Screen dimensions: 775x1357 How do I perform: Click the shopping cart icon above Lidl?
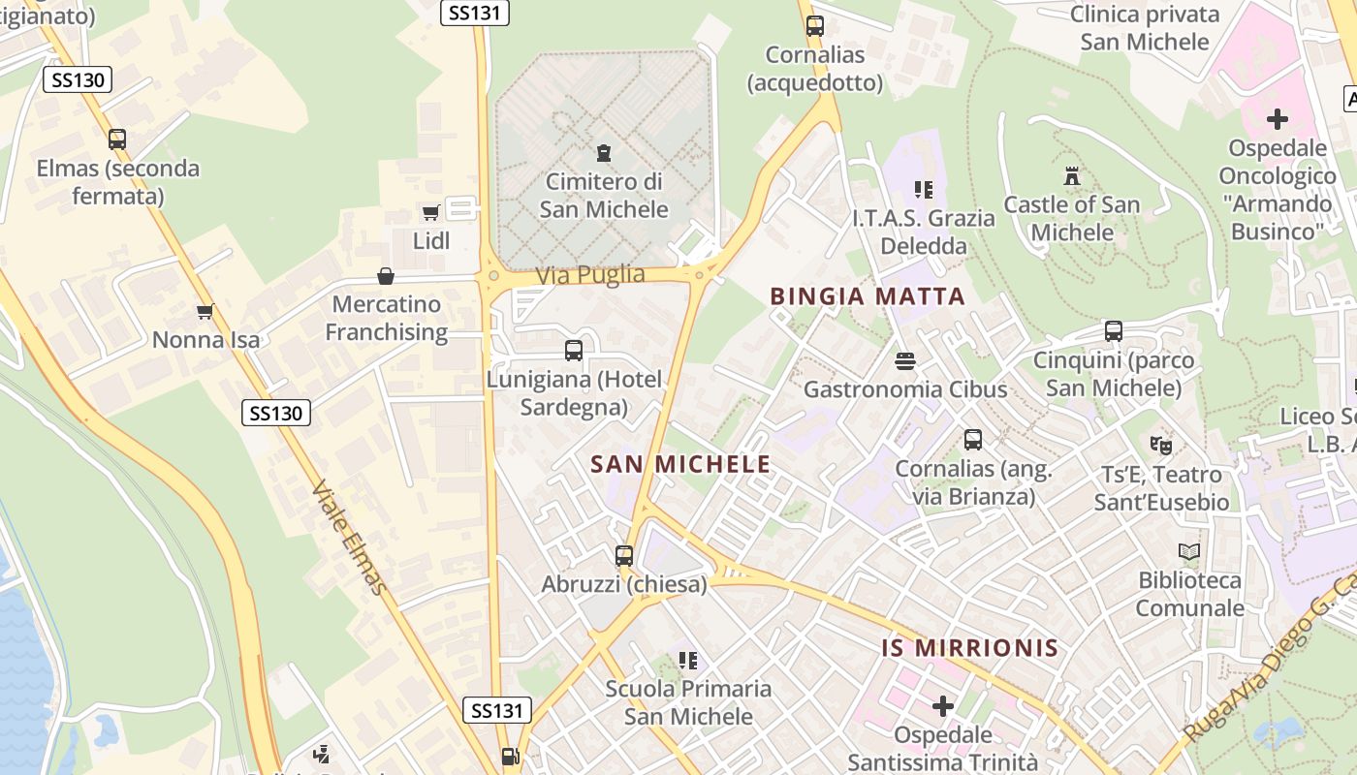pyautogui.click(x=431, y=212)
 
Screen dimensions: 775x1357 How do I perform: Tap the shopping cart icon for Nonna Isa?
pyautogui.click(x=205, y=311)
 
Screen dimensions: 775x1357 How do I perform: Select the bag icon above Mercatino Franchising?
pyautogui.click(x=386, y=276)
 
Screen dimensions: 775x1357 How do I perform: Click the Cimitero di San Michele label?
pyautogui.click(x=604, y=196)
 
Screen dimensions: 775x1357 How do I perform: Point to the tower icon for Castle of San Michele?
pyautogui.click(x=1071, y=176)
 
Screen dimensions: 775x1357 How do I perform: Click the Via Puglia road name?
pyautogui.click(x=590, y=275)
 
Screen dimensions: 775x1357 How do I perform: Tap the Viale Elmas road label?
pyautogui.click(x=350, y=538)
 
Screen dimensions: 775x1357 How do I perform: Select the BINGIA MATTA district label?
pyautogui.click(x=868, y=296)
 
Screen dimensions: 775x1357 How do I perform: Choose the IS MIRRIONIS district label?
pyautogui.click(x=969, y=647)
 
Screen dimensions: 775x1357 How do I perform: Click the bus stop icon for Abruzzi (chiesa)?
pyautogui.click(x=624, y=556)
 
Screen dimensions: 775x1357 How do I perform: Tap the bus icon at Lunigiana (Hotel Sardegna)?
pyautogui.click(x=574, y=351)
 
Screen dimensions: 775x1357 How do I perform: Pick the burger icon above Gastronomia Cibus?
pyautogui.click(x=905, y=361)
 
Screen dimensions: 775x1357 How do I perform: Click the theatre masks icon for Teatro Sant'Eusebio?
pyautogui.click(x=1160, y=446)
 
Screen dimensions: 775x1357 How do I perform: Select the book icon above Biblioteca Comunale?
pyautogui.click(x=1189, y=552)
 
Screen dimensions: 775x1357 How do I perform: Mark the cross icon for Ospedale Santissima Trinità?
pyautogui.click(x=942, y=705)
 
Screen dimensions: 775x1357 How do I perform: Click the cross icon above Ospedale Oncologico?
pyautogui.click(x=1278, y=119)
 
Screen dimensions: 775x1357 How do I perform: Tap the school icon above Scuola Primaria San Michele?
pyautogui.click(x=688, y=661)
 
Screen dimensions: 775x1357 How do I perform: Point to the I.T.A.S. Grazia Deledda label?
pyautogui.click(x=923, y=232)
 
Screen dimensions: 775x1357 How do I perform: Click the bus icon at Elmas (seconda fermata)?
pyautogui.click(x=117, y=139)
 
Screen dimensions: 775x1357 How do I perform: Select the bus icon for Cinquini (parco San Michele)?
pyautogui.click(x=1113, y=331)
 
